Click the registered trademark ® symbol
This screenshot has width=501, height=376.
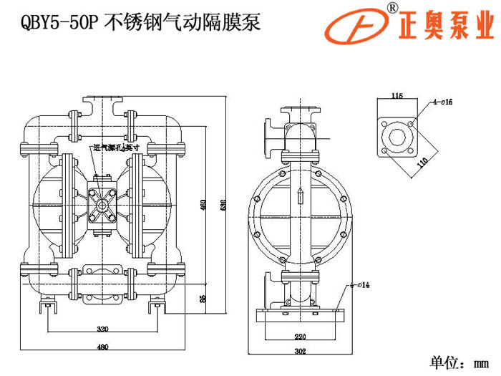[391, 8]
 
